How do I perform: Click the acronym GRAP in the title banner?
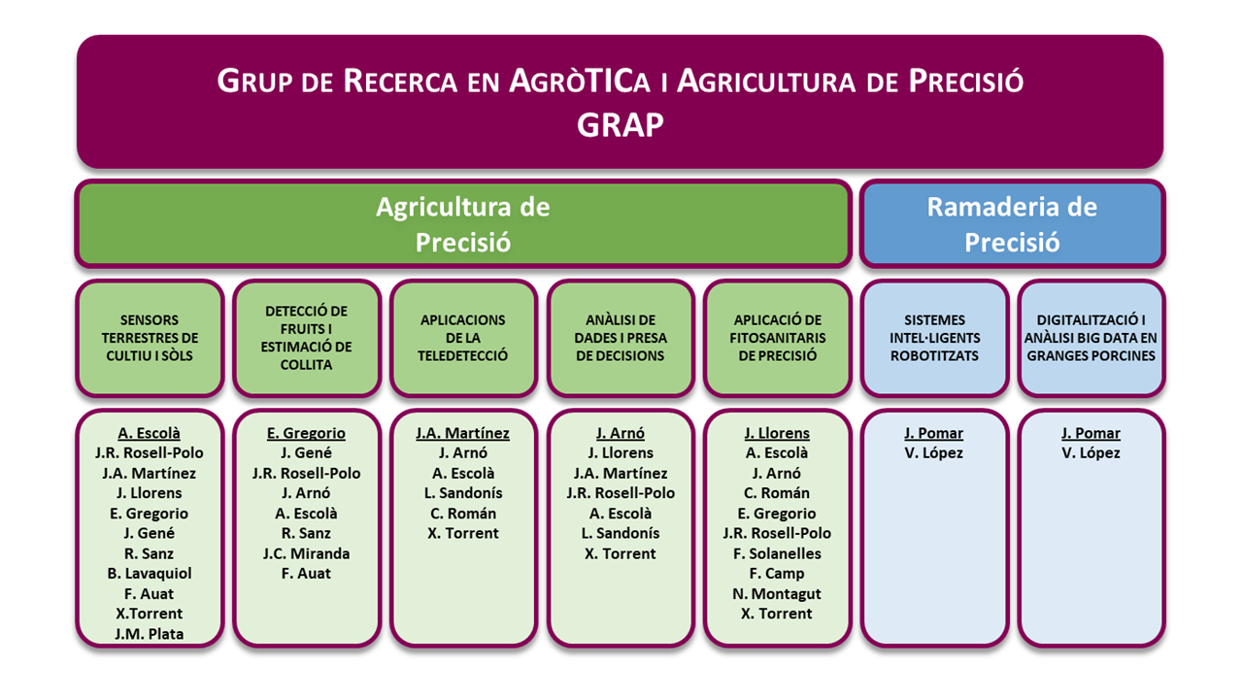point(620,124)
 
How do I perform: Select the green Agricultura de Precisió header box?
point(463,223)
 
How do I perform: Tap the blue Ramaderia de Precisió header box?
point(1012,223)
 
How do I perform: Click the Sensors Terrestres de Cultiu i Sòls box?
point(150,338)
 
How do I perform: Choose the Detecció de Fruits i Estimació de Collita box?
point(306,338)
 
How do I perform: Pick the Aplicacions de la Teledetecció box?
point(463,338)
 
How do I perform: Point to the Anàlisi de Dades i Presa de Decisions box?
point(621,338)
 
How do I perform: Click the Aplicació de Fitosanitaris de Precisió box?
point(778,338)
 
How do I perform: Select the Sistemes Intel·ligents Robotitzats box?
point(934,338)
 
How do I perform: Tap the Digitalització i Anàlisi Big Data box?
point(1091,338)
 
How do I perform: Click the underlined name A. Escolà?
point(149,433)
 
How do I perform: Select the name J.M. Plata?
point(149,634)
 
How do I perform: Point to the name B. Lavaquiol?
point(150,573)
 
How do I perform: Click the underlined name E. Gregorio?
point(306,433)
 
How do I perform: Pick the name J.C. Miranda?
point(306,553)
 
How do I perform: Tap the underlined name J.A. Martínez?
point(463,433)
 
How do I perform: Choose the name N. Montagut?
point(777,593)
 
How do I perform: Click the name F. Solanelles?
point(777,553)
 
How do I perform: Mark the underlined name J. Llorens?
point(777,433)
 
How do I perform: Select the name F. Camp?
point(777,573)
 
